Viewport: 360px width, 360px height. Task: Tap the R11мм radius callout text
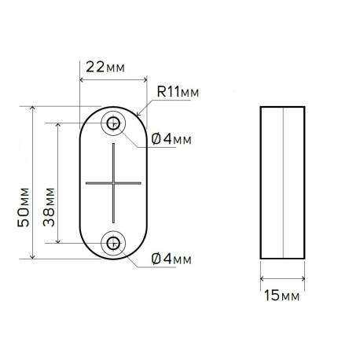point(178,94)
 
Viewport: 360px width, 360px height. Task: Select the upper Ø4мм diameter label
point(171,139)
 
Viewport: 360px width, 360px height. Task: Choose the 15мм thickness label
point(281,296)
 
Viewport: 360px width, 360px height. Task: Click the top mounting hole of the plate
point(114,123)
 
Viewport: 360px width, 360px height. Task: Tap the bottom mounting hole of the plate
point(114,244)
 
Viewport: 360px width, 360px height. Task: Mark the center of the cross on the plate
point(114,182)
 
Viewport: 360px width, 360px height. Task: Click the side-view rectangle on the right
point(281,182)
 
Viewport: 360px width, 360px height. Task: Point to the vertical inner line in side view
point(280,182)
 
